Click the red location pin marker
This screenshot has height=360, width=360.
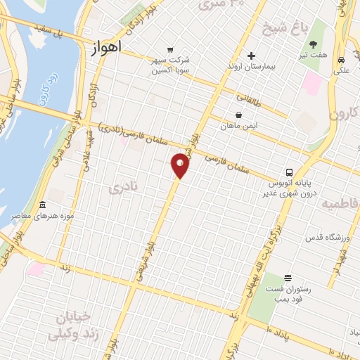click(180, 165)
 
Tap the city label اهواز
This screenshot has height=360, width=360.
click(106, 48)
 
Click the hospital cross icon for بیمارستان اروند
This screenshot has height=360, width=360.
click(251, 56)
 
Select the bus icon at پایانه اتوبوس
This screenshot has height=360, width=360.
click(289, 173)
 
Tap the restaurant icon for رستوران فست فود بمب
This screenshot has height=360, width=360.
click(287, 278)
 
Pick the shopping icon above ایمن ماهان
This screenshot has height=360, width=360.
click(239, 115)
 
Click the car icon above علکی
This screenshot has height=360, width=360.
click(340, 60)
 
